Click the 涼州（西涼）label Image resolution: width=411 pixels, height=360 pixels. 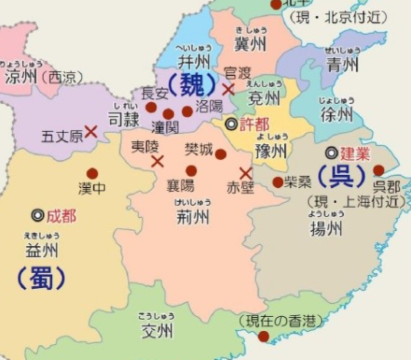pos(43,77)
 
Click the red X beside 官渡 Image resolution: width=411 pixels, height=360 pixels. pos(228,89)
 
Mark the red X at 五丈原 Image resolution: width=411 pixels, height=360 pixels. pos(91,132)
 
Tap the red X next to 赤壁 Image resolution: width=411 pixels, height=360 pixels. pos(246,173)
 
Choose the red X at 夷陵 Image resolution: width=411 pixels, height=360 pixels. pos(157,161)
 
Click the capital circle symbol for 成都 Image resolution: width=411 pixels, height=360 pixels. pos(36,215)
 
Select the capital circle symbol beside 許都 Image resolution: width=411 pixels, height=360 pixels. pos(231,123)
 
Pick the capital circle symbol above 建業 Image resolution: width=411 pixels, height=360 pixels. pos(330,151)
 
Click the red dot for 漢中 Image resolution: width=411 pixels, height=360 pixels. pos(92,173)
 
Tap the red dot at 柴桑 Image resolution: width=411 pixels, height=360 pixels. pos(277,182)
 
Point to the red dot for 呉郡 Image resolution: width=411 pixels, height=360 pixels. pos(378,170)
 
